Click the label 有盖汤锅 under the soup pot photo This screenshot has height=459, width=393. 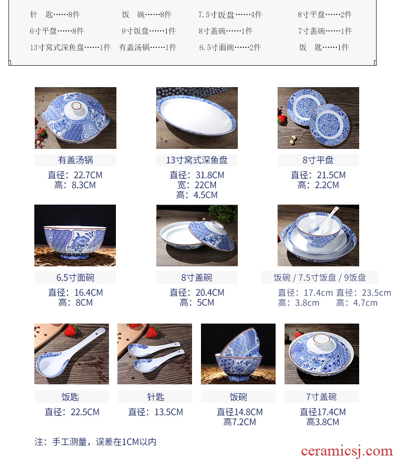coord(75,160)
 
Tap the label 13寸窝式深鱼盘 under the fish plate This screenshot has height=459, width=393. coord(197,160)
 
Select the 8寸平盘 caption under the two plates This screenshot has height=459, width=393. coord(318,160)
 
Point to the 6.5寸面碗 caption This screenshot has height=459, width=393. coord(75,277)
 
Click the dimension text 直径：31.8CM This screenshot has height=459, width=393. coord(197,175)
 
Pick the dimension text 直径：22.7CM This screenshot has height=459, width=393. coord(75,175)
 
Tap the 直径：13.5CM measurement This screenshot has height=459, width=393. coord(156,412)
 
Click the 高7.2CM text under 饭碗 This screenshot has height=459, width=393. coord(239,422)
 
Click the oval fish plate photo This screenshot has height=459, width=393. coord(196,115)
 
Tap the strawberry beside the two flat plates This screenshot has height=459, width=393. coord(282,119)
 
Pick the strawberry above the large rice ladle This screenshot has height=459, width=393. coord(71,330)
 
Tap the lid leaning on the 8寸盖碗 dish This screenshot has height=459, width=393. coord(212,235)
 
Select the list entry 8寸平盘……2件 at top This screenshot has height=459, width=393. coord(324,14)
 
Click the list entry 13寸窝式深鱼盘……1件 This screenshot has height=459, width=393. coord(70,47)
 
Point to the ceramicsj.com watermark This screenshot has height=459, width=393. coord(347,452)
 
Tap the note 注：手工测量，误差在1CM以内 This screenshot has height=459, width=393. coord(96,442)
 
